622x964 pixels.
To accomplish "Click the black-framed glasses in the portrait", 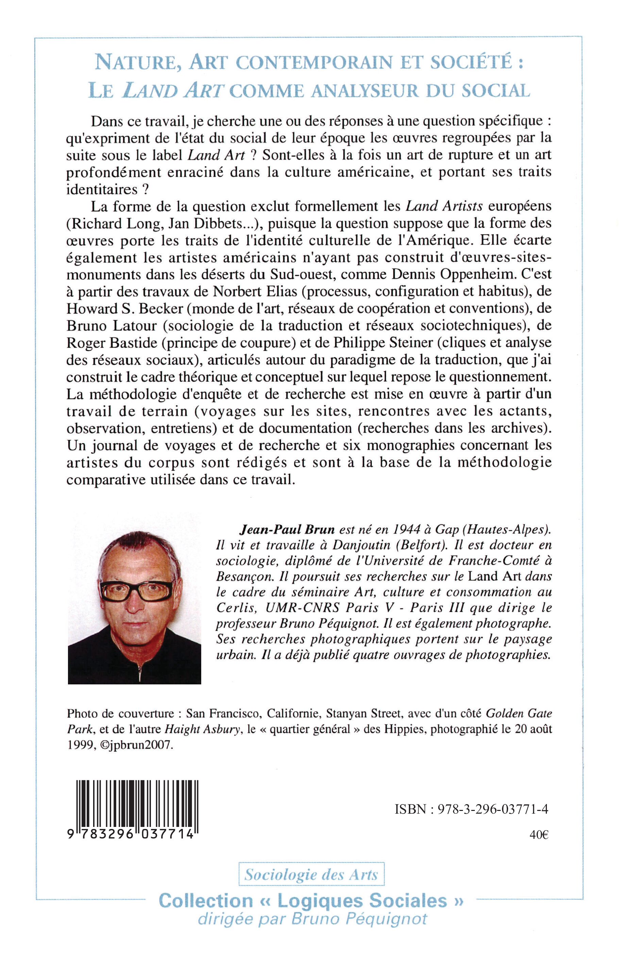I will pos(137,591).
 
